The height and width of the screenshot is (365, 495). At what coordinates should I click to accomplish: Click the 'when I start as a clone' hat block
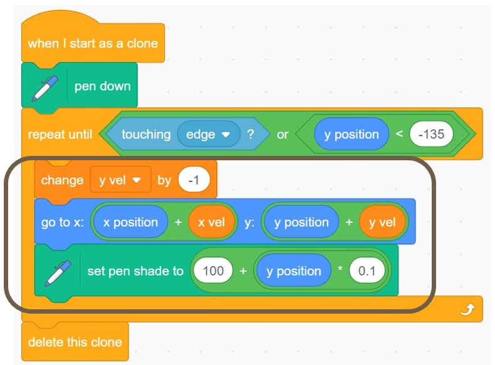93,44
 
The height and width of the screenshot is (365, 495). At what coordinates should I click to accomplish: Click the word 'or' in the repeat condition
283,135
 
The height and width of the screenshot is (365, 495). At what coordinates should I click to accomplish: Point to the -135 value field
431,135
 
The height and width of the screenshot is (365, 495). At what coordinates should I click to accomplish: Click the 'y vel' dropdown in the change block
120,180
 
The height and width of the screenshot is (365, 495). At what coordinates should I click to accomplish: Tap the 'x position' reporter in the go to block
130,222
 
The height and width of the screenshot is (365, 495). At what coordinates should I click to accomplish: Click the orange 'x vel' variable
212,222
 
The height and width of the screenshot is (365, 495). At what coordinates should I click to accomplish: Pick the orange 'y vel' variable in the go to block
382,222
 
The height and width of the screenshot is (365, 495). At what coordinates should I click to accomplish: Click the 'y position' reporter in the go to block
301,222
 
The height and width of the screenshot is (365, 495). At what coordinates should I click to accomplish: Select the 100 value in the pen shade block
213,271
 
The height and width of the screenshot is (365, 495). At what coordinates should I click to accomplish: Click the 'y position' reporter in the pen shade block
293,271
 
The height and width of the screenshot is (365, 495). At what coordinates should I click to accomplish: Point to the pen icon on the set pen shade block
57,272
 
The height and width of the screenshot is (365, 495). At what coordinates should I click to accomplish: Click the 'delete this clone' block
75,342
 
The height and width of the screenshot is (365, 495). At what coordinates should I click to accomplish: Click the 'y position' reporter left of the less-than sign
351,135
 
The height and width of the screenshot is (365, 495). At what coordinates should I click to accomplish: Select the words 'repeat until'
60,135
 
